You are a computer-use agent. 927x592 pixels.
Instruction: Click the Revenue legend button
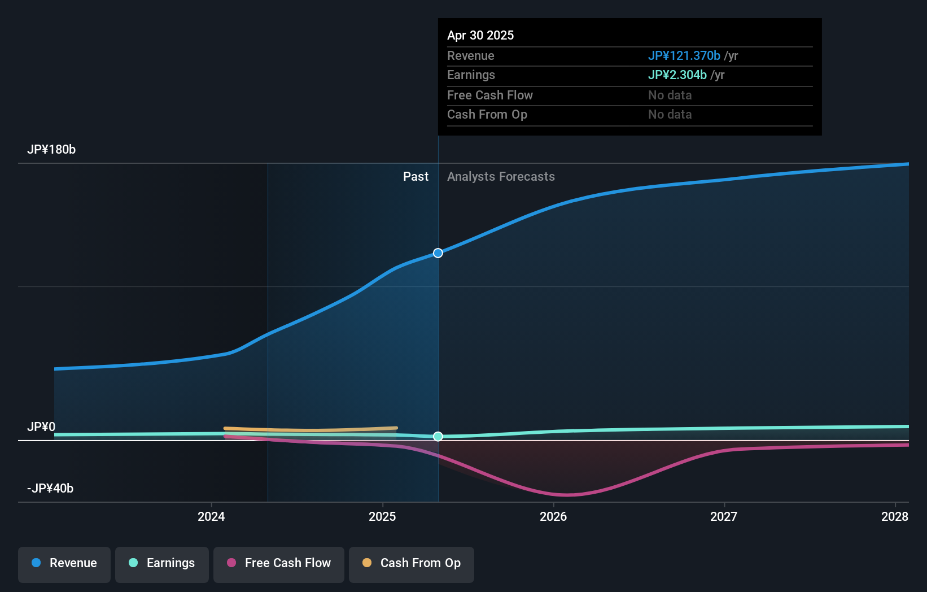tap(64, 564)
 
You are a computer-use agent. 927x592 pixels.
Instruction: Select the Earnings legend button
tap(161, 564)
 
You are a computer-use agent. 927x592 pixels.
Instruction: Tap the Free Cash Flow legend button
tap(278, 564)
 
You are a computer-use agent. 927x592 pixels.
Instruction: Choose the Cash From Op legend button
tap(411, 564)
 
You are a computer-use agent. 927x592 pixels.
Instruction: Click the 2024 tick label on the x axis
tap(211, 516)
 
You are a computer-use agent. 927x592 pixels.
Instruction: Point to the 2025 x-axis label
tap(382, 516)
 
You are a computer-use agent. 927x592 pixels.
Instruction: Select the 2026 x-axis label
tap(553, 516)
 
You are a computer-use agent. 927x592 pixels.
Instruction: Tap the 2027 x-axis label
tap(724, 516)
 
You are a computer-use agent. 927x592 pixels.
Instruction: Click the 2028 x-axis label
tap(895, 516)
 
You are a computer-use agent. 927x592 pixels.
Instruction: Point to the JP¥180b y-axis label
tap(51, 150)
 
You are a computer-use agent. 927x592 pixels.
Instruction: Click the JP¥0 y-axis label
tap(41, 427)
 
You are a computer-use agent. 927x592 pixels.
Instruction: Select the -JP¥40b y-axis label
tap(50, 489)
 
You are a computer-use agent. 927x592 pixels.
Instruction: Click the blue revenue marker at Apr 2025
tap(438, 253)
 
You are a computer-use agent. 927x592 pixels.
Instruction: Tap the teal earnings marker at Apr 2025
tap(438, 437)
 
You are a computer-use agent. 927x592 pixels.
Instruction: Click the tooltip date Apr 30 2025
tap(480, 35)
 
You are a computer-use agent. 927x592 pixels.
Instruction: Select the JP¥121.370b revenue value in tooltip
tap(684, 55)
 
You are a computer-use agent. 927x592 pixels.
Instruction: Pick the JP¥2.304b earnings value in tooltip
tap(677, 75)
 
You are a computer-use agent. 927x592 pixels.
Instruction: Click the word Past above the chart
tap(416, 177)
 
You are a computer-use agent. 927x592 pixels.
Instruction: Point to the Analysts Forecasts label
tap(501, 177)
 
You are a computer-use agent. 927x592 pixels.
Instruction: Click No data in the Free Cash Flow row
tap(670, 95)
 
